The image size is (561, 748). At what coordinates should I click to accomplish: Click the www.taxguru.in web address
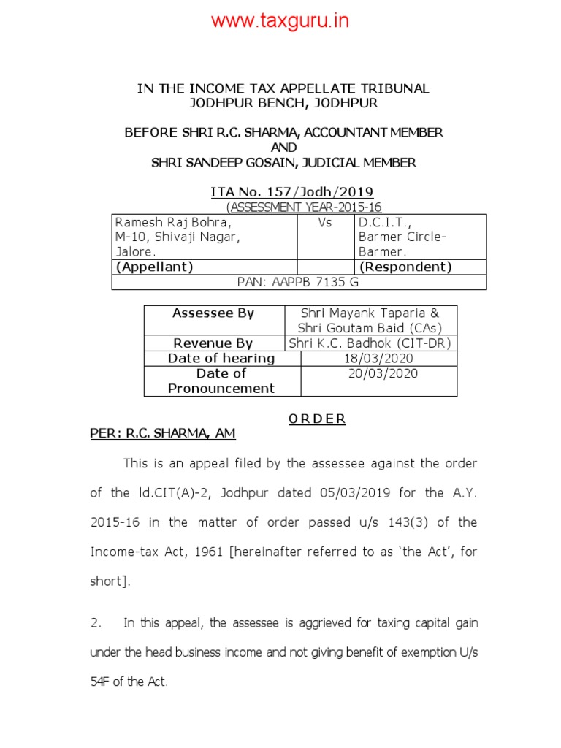[280, 20]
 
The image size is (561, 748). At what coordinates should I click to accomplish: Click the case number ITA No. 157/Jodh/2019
[291, 192]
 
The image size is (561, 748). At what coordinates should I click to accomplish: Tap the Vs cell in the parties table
[325, 222]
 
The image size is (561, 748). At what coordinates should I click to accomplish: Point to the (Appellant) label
[154, 267]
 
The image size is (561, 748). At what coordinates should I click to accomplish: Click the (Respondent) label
[405, 267]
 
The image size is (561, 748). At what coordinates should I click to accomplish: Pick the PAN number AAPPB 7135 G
[298, 282]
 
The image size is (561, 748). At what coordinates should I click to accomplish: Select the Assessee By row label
[213, 313]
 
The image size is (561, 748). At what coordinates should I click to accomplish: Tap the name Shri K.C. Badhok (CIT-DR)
[370, 343]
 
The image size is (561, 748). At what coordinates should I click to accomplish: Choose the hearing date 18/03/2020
[378, 358]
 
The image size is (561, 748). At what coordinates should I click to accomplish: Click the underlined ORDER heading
[317, 419]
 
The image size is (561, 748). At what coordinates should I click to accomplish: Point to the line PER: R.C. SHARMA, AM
[163, 433]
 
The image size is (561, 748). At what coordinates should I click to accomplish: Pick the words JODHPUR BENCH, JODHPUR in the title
[283, 103]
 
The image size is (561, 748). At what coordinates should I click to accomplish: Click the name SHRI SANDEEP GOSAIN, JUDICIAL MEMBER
[283, 162]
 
